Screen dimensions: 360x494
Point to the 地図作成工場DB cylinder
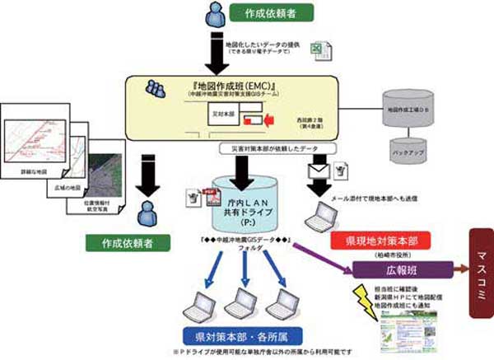(x=408, y=108)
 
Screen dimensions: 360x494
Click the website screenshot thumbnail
(x=401, y=328)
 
